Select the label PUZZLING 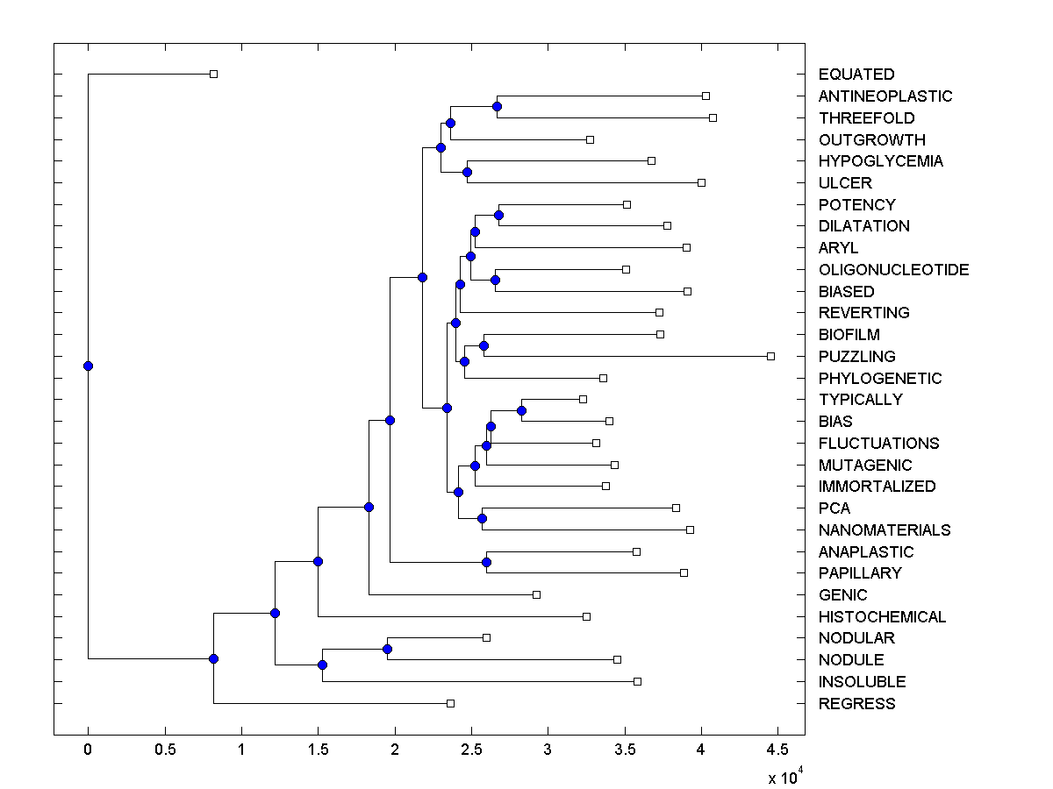tap(856, 357)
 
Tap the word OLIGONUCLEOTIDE tap(893, 270)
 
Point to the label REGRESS tap(856, 704)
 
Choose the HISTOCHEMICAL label tap(882, 617)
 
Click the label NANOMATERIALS tap(884, 530)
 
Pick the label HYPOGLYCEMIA tap(880, 161)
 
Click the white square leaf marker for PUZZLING tap(770, 356)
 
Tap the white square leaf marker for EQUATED tap(213, 75)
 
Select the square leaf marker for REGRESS tap(450, 703)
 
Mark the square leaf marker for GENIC tap(536, 594)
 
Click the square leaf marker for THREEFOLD tap(713, 117)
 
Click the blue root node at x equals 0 tap(88, 366)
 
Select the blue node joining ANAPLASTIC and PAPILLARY tap(486, 562)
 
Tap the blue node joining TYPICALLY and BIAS tap(521, 410)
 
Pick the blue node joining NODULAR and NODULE tap(387, 649)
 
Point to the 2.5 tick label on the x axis tap(470, 750)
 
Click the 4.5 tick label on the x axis tap(777, 750)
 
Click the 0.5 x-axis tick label tap(164, 750)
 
